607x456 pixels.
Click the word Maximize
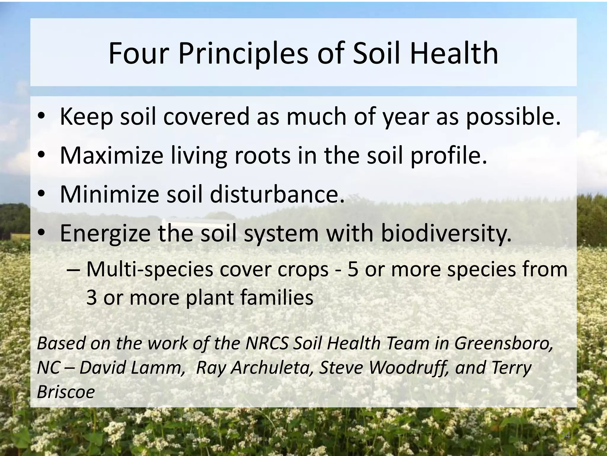tap(111, 156)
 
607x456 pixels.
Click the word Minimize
tap(109, 195)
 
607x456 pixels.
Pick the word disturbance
tap(277, 195)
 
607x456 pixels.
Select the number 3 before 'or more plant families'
tap(91, 298)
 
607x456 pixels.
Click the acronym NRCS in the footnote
tap(267, 343)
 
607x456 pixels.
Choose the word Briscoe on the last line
tap(66, 392)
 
